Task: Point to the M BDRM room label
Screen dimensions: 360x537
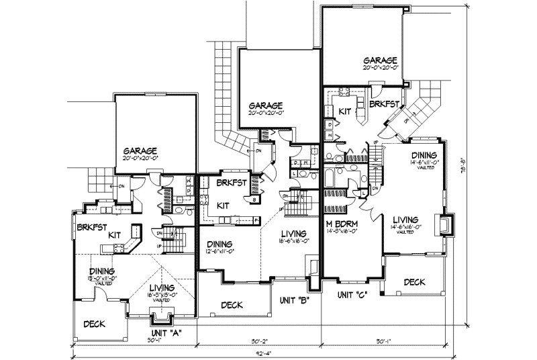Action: [x=341, y=224]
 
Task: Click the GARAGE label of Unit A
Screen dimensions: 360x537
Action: [x=140, y=150]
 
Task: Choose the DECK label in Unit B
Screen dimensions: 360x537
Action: [x=232, y=305]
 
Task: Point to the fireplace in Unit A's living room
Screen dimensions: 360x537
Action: [x=162, y=312]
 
